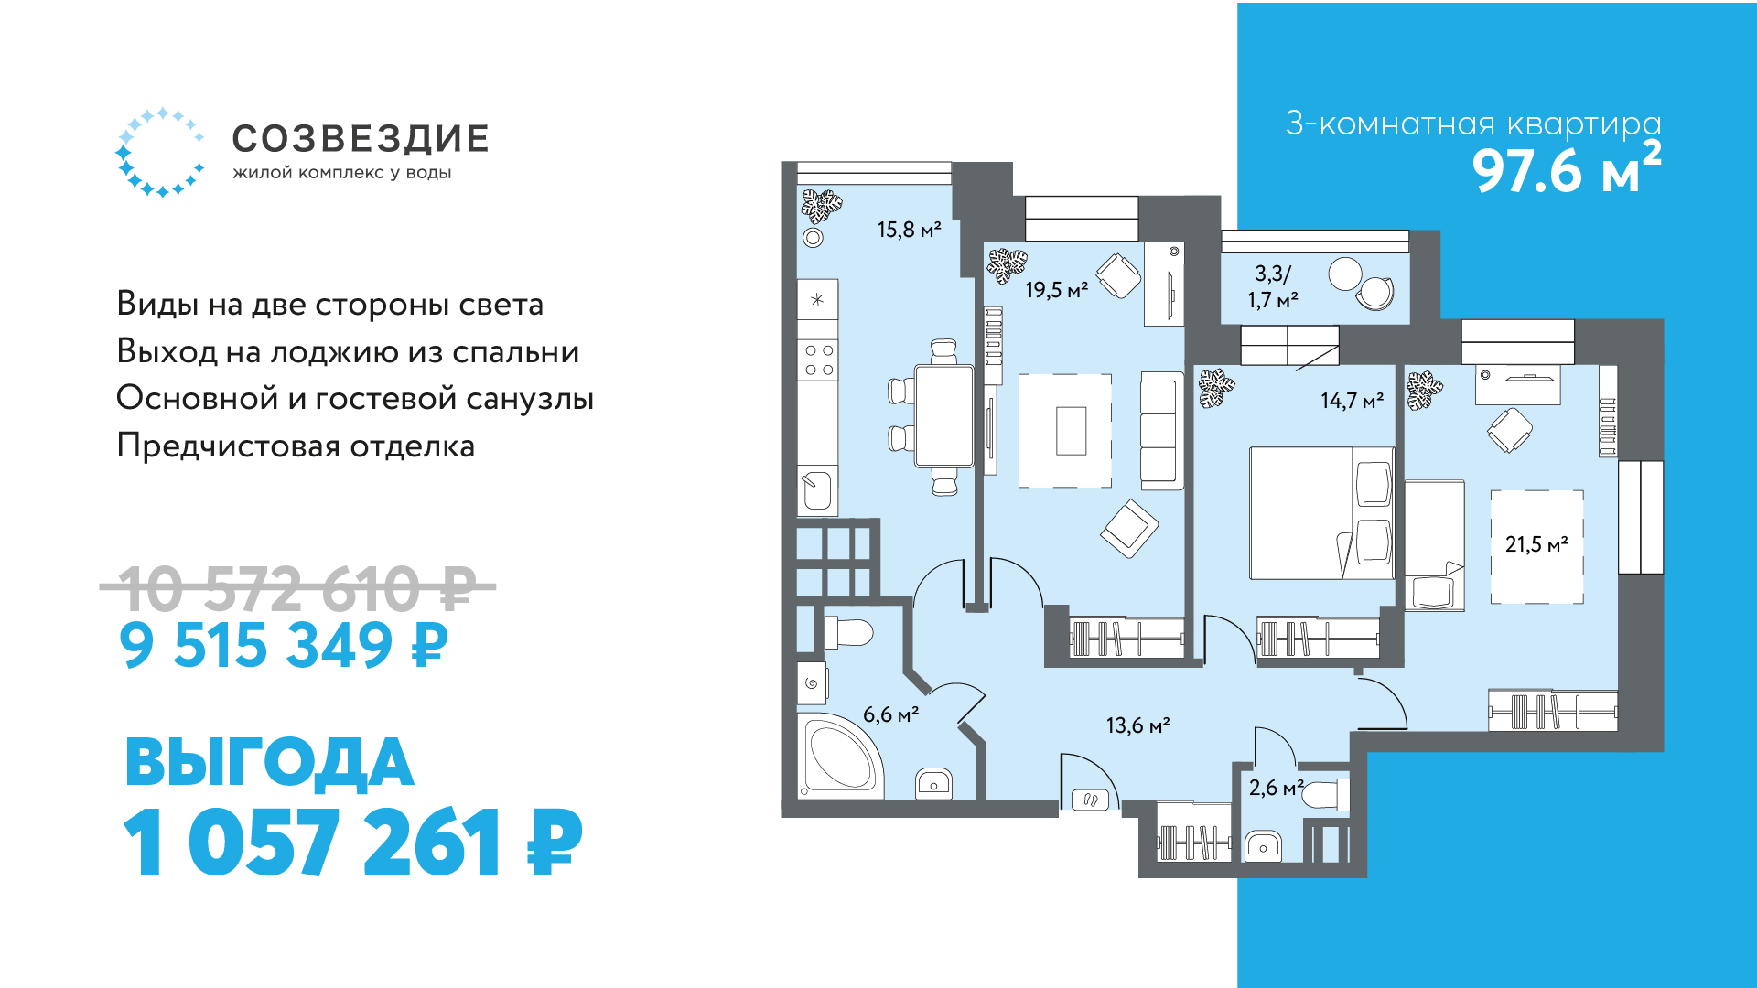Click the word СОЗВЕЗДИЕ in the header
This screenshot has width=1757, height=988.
pos(361,139)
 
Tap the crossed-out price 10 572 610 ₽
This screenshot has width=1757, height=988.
pos(297,587)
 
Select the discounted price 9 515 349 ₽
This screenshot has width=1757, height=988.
pos(284,645)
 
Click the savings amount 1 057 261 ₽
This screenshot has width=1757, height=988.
pos(352,843)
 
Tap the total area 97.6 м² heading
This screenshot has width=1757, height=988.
pos(1566,167)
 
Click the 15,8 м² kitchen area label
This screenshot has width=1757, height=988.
pos(909,230)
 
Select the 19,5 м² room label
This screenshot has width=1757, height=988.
pos(1056,290)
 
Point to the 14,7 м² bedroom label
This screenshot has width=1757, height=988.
pos(1352,401)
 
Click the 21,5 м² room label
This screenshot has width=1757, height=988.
pos(1536,544)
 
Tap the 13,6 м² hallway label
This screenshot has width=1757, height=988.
pos(1137,725)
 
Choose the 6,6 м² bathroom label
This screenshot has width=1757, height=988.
pos(890,714)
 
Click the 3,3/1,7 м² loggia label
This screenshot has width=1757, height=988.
pos(1273,286)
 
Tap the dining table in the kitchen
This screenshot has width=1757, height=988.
pos(944,416)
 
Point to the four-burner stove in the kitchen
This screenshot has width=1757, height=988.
pos(818,360)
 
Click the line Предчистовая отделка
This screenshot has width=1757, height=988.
pos(296,446)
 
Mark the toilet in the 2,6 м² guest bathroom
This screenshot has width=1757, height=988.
pos(1325,794)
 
